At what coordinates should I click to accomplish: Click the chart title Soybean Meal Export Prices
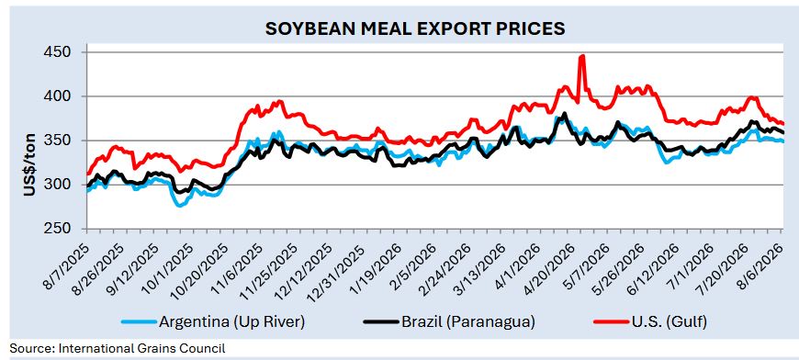click(415, 28)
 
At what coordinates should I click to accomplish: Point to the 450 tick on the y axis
click(66, 53)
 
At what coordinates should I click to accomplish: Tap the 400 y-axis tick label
click(66, 96)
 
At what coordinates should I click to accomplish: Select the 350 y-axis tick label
click(66, 141)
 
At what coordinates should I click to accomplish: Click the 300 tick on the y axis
click(66, 185)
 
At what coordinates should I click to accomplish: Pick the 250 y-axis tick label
click(66, 230)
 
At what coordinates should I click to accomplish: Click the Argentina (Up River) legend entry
click(213, 321)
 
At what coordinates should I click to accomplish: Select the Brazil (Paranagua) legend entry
click(449, 321)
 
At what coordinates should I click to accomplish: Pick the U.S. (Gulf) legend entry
click(651, 321)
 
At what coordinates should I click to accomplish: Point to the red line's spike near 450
click(582, 56)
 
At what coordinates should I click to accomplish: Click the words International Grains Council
click(142, 349)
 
